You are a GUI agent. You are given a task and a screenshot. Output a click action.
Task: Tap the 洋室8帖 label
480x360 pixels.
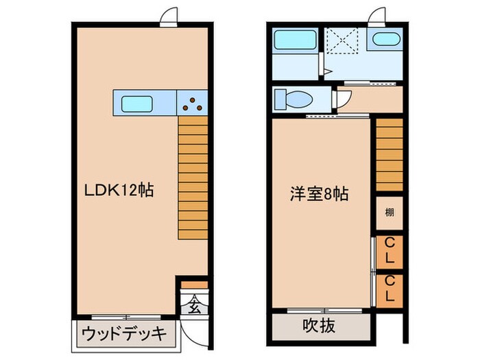(317, 194)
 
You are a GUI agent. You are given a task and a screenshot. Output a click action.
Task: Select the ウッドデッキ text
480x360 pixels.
(124, 334)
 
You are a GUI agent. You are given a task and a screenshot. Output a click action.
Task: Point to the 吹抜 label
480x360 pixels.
(319, 326)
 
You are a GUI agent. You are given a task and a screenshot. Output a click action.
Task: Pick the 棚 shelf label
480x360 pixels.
(389, 212)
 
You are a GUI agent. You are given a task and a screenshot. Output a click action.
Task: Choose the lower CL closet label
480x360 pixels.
(389, 289)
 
